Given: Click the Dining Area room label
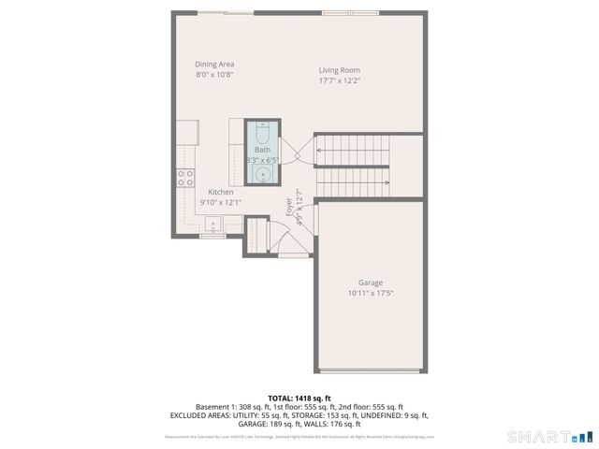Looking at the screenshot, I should coord(214,65).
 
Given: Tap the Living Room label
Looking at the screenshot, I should coord(339,70).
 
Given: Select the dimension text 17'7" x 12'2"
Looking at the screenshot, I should coord(339,80).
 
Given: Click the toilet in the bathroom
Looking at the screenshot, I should coord(263,130).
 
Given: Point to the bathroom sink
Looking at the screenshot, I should coord(263,173).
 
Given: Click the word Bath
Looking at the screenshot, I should coord(262,150).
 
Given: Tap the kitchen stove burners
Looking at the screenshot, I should coord(185,178).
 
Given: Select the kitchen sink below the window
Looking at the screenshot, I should coord(214,224).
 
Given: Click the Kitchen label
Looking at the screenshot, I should coord(221,192).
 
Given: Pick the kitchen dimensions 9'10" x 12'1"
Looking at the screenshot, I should coord(221,202).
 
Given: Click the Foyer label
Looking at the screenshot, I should coord(289,207).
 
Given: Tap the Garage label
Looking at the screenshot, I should coord(371,282).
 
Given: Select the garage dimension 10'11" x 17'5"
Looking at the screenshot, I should coord(371,293).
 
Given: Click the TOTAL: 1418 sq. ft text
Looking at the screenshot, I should coord(299,398).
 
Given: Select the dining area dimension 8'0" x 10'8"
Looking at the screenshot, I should coord(214,75).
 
